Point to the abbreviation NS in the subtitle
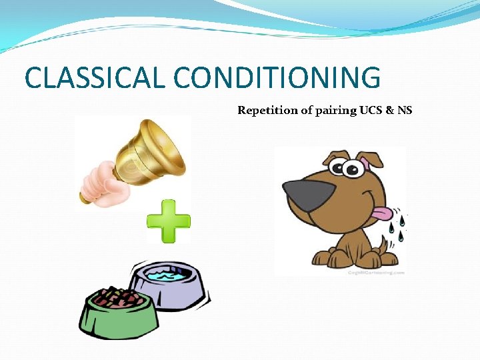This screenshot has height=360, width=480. (x=405, y=111)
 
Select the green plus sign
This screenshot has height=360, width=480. (x=169, y=221)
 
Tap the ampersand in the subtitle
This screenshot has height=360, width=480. (x=391, y=111)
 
